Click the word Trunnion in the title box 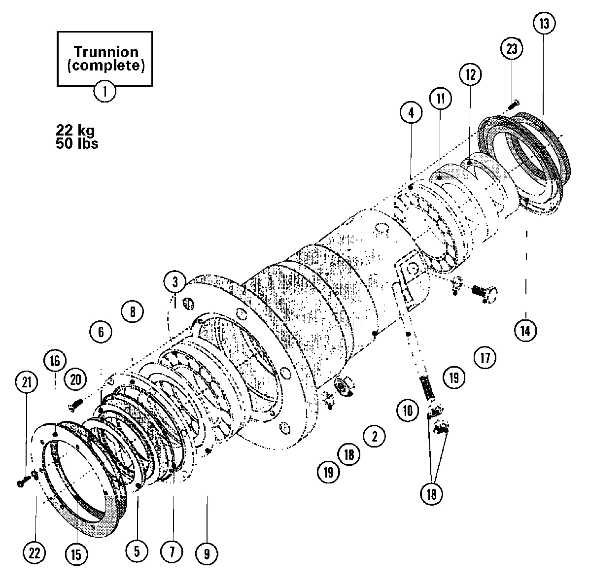click(x=105, y=52)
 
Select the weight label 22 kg click(x=75, y=131)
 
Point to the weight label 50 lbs click(x=77, y=143)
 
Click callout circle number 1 click(x=104, y=92)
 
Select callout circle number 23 click(x=512, y=49)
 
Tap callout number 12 click(x=470, y=74)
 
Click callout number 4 click(x=411, y=112)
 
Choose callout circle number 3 click(x=175, y=282)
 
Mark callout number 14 click(x=525, y=331)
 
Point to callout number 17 click(x=486, y=357)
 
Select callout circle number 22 click(x=35, y=553)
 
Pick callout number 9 click(x=207, y=554)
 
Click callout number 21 click(x=27, y=381)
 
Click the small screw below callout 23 click(x=512, y=104)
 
